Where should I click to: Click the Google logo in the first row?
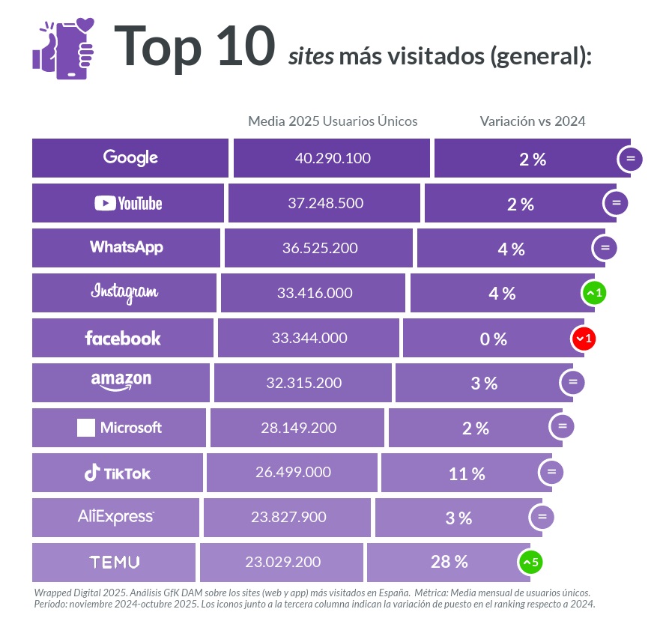click(x=130, y=157)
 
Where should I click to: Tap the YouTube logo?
click(x=128, y=203)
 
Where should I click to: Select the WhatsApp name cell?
click(x=126, y=247)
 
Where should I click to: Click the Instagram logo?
click(x=124, y=292)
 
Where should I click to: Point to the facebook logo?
click(x=123, y=338)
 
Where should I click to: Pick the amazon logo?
click(x=121, y=381)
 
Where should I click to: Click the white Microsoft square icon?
click(x=86, y=428)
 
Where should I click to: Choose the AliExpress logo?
click(x=116, y=517)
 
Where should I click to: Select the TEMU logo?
click(x=114, y=562)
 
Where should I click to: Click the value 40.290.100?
click(x=333, y=158)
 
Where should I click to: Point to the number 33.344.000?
click(x=309, y=338)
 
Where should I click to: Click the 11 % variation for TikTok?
click(x=466, y=473)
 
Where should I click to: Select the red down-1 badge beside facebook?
click(x=584, y=339)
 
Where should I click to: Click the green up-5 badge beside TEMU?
click(x=530, y=561)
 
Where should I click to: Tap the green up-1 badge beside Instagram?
click(x=593, y=294)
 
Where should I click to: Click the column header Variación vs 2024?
click(x=533, y=121)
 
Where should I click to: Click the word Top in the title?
click(x=158, y=46)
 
